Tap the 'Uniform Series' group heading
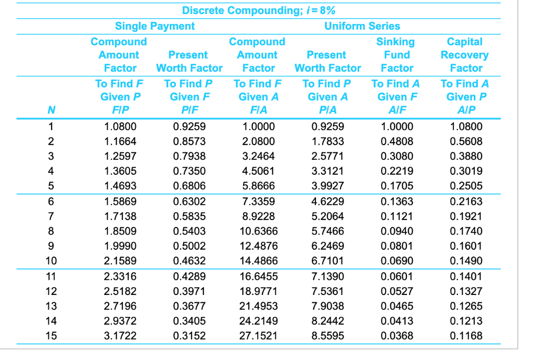pyautogui.click(x=362, y=26)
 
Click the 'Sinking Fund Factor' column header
pyautogui.click(x=397, y=55)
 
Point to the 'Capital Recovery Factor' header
pyautogui.click(x=465, y=55)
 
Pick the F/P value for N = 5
pyautogui.click(x=120, y=186)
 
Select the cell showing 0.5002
pyautogui.click(x=189, y=246)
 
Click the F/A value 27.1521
pyautogui.click(x=258, y=336)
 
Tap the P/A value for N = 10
pyautogui.click(x=327, y=261)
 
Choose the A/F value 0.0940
pyautogui.click(x=397, y=231)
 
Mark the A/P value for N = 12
pyautogui.click(x=466, y=291)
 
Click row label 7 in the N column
pyautogui.click(x=51, y=216)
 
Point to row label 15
pyautogui.click(x=51, y=336)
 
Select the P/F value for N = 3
pyautogui.click(x=189, y=156)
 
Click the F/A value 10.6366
pyautogui.click(x=258, y=231)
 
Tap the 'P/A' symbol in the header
pyautogui.click(x=327, y=110)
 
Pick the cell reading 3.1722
pyautogui.click(x=120, y=336)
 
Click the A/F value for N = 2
pyautogui.click(x=397, y=141)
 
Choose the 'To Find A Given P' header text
pyautogui.click(x=465, y=89)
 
